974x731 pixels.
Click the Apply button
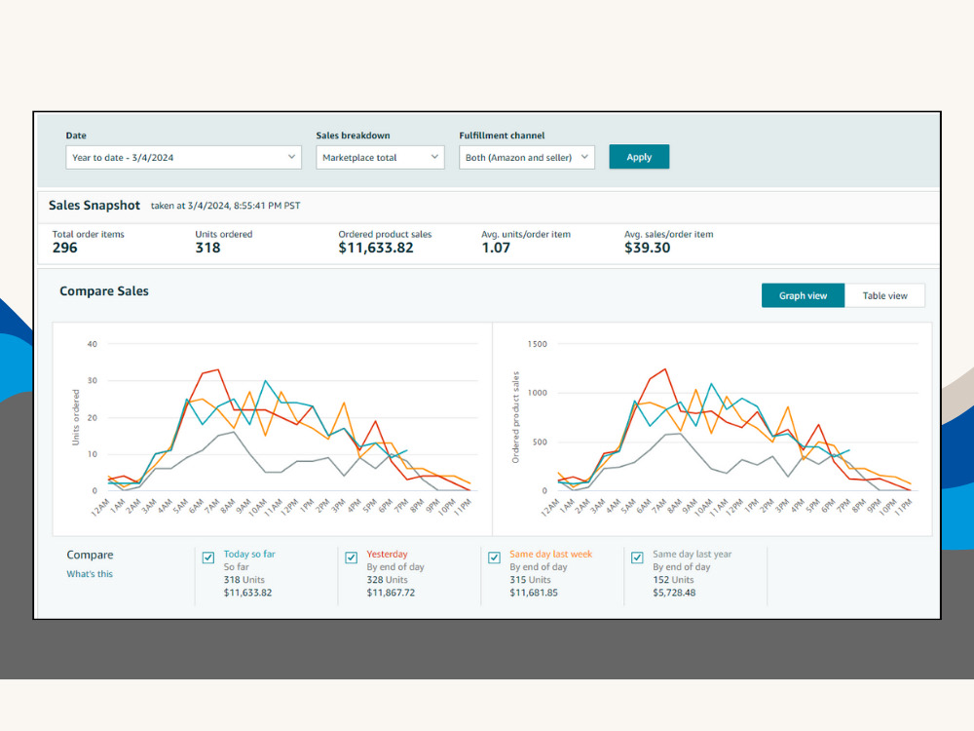point(639,157)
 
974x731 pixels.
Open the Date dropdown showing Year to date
point(183,157)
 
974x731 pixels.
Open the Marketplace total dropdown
point(380,157)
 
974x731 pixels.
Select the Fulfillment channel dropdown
point(527,157)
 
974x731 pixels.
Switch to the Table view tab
point(884,296)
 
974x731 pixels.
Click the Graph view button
point(803,296)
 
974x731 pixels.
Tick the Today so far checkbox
point(208,558)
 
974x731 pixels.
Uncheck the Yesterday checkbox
point(351,558)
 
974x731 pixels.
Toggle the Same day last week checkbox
point(494,558)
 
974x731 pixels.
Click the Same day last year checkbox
point(637,558)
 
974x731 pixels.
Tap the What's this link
point(90,574)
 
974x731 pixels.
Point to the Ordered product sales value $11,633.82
point(376,248)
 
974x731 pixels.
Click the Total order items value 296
point(64,248)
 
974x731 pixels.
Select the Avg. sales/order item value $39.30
point(648,248)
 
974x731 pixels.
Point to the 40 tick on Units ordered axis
point(92,344)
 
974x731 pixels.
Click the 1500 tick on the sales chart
point(538,344)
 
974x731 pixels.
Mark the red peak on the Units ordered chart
point(217,369)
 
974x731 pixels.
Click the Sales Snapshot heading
point(94,205)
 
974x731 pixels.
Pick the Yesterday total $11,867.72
point(391,593)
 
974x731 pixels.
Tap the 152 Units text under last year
point(673,579)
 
